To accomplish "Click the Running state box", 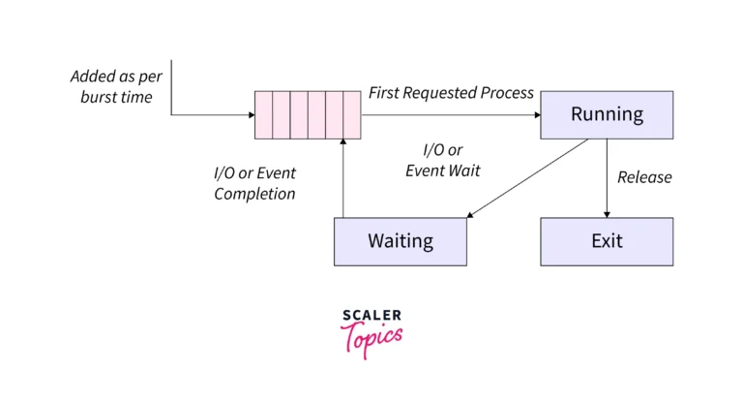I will point(607,114).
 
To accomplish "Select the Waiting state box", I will point(400,241).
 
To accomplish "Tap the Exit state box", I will point(607,241).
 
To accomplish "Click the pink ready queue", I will point(308,115).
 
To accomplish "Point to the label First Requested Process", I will point(451,93).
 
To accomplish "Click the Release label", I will point(644,177).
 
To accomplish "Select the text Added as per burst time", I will point(110,86).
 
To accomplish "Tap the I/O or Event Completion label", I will point(254,183).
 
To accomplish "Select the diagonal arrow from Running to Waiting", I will point(527,180).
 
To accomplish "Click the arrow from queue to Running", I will point(450,115).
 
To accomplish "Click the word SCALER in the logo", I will point(371,316).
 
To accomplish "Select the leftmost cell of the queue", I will point(263,115).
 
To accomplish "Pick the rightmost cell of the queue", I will point(352,115).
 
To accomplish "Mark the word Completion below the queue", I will point(254,194).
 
